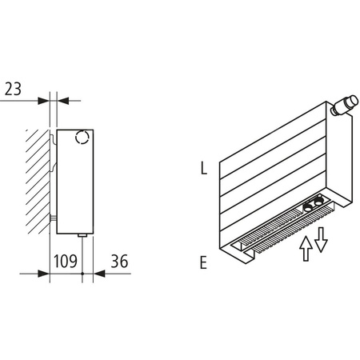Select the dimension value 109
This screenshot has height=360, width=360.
(x=66, y=260)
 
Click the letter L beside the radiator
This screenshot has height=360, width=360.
(x=205, y=169)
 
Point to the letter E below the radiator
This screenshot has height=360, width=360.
(x=204, y=262)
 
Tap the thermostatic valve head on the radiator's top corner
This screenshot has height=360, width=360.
(x=345, y=104)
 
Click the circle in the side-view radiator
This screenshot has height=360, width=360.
(x=82, y=138)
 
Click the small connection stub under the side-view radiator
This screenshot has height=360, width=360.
(x=83, y=235)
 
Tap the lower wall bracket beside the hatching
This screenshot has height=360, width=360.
(x=53, y=217)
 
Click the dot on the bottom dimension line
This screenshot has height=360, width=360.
(x=83, y=274)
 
